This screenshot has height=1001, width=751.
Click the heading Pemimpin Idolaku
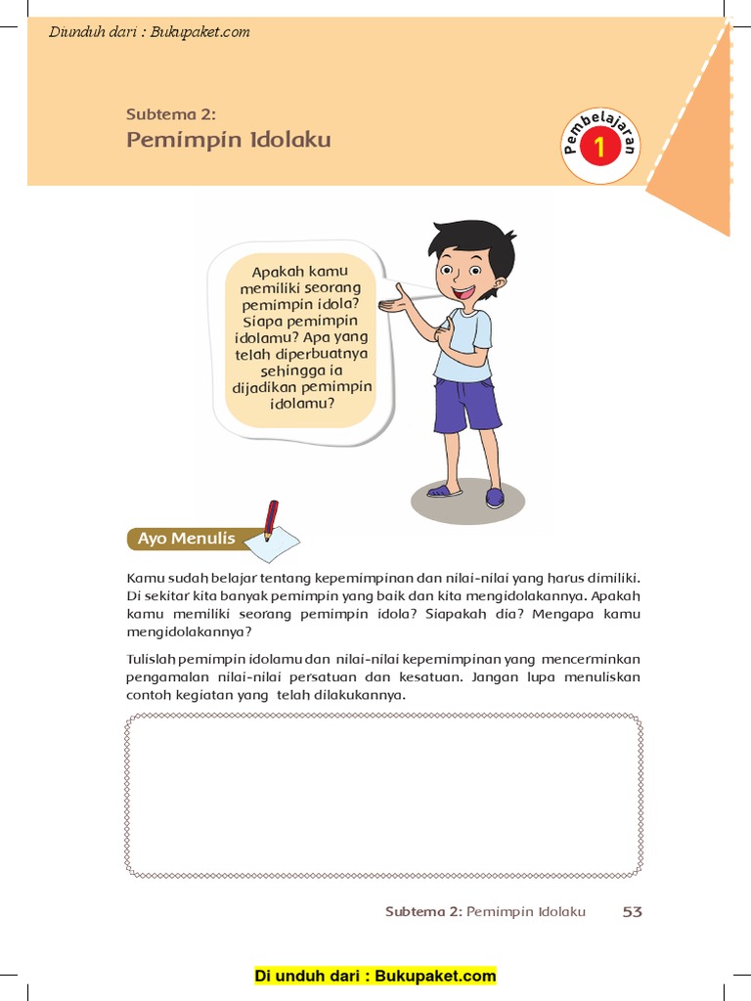tap(229, 140)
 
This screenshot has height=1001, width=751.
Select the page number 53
tap(632, 911)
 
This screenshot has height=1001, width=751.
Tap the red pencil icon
tap(270, 518)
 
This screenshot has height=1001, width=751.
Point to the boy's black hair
tap(475, 241)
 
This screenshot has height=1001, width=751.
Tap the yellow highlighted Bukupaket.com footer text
tap(375, 976)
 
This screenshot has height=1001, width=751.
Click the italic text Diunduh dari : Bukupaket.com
tap(149, 32)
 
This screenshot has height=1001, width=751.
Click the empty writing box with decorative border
tap(382, 796)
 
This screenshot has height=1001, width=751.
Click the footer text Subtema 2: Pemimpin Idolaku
tap(485, 911)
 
